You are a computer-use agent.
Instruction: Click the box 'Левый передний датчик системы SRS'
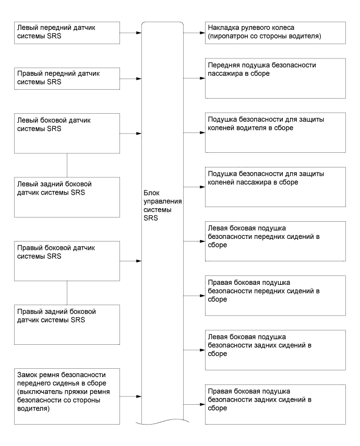(66, 32)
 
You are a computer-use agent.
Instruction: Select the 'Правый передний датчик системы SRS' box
(66, 79)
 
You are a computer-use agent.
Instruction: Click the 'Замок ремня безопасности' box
(66, 397)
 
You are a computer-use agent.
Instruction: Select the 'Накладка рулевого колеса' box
(275, 32)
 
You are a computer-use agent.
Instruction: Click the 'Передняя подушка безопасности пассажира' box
(275, 78)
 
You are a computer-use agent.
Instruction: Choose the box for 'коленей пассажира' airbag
(275, 186)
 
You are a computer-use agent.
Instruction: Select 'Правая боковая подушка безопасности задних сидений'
(275, 404)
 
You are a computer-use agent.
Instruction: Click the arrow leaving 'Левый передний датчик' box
(130, 32)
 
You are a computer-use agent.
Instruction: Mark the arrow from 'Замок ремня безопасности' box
(130, 397)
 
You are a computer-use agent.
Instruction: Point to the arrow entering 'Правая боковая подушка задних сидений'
(194, 404)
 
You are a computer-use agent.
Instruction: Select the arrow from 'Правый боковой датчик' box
(130, 260)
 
